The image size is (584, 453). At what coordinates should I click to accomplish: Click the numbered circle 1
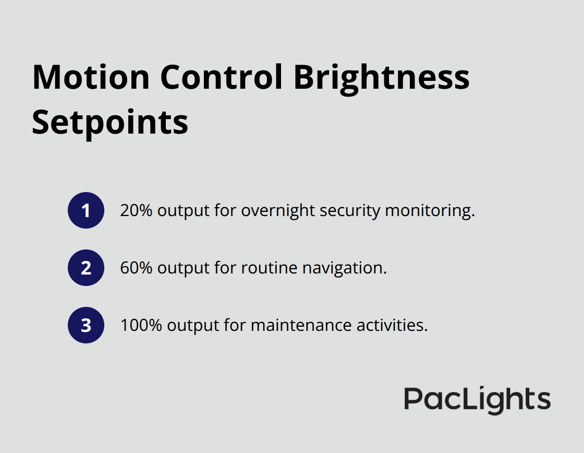(86, 210)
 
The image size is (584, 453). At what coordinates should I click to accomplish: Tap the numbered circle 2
(86, 268)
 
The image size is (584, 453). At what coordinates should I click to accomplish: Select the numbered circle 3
(86, 325)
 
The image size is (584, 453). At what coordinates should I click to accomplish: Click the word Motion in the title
(91, 77)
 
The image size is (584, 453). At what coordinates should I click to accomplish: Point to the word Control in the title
(221, 77)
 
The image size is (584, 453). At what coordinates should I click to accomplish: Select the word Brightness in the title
(381, 77)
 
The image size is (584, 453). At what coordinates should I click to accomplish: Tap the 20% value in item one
(137, 210)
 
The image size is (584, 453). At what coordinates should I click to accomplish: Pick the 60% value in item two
(137, 268)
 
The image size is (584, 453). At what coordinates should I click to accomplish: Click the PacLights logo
(477, 400)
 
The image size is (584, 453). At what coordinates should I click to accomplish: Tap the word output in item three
(192, 325)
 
